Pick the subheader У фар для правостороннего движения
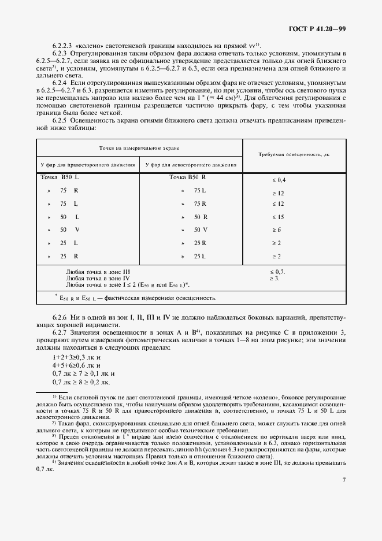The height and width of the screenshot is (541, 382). click(x=88, y=165)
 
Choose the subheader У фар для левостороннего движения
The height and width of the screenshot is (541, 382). click(x=191, y=165)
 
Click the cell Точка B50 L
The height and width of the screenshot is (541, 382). click(x=60, y=177)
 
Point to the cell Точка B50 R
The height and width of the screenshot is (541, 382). click(x=188, y=177)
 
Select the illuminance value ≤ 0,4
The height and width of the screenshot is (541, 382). click(x=279, y=180)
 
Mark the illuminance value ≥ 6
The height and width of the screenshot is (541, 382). click(x=276, y=229)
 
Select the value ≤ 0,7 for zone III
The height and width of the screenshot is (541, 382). click(x=277, y=271)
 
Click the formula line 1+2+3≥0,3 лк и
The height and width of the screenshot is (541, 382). click(x=76, y=358)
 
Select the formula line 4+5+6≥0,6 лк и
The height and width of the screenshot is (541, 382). click(x=76, y=366)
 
